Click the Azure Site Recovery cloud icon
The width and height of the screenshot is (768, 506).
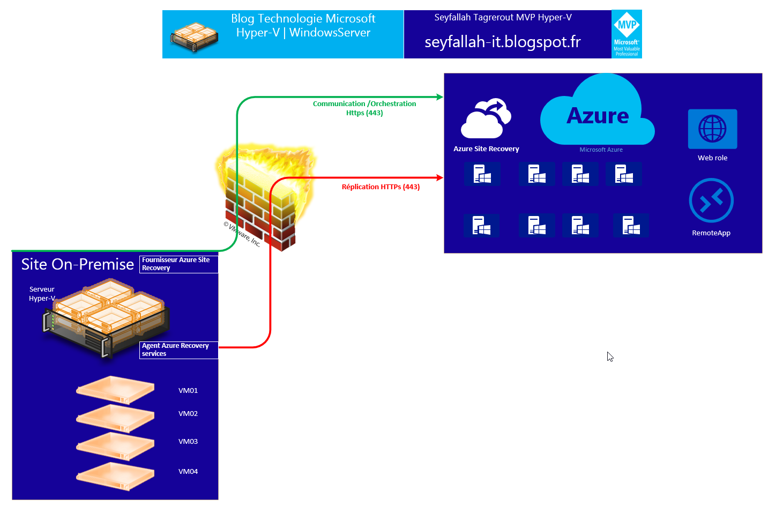click(486, 119)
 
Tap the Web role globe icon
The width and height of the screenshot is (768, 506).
click(712, 129)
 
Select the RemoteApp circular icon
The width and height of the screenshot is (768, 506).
click(711, 200)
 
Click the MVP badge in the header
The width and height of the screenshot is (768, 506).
click(627, 34)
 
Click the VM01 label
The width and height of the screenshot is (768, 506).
click(188, 391)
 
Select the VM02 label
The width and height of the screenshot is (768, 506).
click(188, 414)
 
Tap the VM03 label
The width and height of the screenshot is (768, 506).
click(188, 442)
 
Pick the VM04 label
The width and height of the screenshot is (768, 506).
click(188, 472)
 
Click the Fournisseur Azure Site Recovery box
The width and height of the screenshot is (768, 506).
click(178, 264)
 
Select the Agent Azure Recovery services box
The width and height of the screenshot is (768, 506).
click(178, 350)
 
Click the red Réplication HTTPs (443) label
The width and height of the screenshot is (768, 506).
click(381, 187)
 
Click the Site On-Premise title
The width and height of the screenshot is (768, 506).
click(78, 264)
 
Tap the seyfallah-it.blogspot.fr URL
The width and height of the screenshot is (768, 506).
click(502, 42)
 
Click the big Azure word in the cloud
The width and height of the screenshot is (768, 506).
click(598, 116)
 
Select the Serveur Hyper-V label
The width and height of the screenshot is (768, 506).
click(42, 294)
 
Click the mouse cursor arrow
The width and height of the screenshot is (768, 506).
click(609, 356)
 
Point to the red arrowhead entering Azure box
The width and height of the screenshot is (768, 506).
click(440, 177)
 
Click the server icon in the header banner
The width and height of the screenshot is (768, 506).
click(194, 36)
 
